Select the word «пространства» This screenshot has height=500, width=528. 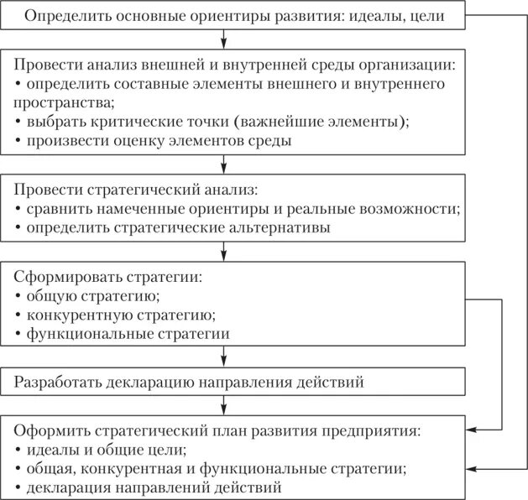click(60, 102)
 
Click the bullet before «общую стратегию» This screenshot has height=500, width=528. click(18, 297)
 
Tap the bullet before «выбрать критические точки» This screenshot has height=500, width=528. click(18, 122)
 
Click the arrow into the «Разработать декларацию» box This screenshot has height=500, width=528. click(224, 358)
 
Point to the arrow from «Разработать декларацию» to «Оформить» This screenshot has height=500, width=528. click(224, 407)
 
